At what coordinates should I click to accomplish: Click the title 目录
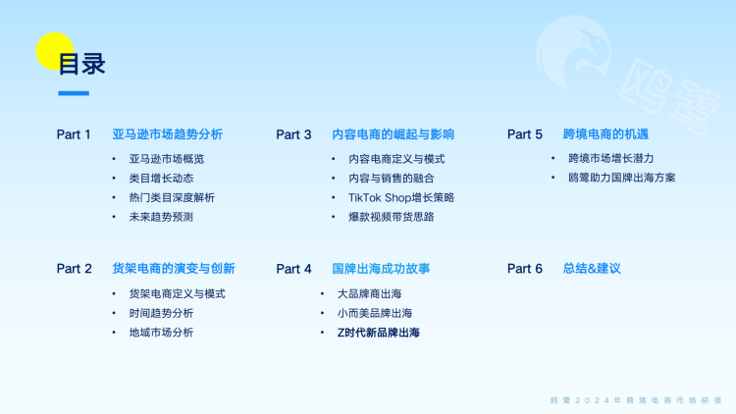(82, 64)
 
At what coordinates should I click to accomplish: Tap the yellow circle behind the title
(53, 51)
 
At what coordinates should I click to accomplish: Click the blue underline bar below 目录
(74, 94)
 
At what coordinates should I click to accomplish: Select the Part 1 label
(74, 134)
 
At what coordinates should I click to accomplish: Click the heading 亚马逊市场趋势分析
(167, 134)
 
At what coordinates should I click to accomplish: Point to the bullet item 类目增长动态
(161, 178)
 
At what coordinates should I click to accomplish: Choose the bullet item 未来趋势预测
(161, 217)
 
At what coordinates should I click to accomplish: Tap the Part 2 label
(74, 269)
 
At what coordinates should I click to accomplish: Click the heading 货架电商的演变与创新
(174, 269)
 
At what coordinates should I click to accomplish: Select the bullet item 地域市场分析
(161, 333)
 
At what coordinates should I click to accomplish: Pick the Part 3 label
(293, 134)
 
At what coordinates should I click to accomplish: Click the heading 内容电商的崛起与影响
(394, 134)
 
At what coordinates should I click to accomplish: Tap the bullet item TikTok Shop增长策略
(401, 197)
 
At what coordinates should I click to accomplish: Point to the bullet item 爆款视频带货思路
(391, 217)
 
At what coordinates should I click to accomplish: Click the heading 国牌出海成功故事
(381, 269)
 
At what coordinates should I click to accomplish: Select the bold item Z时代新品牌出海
(378, 333)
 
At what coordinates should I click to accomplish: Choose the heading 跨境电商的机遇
(605, 134)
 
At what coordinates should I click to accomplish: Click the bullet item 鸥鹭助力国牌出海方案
(621, 178)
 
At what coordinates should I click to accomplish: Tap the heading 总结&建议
(592, 269)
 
